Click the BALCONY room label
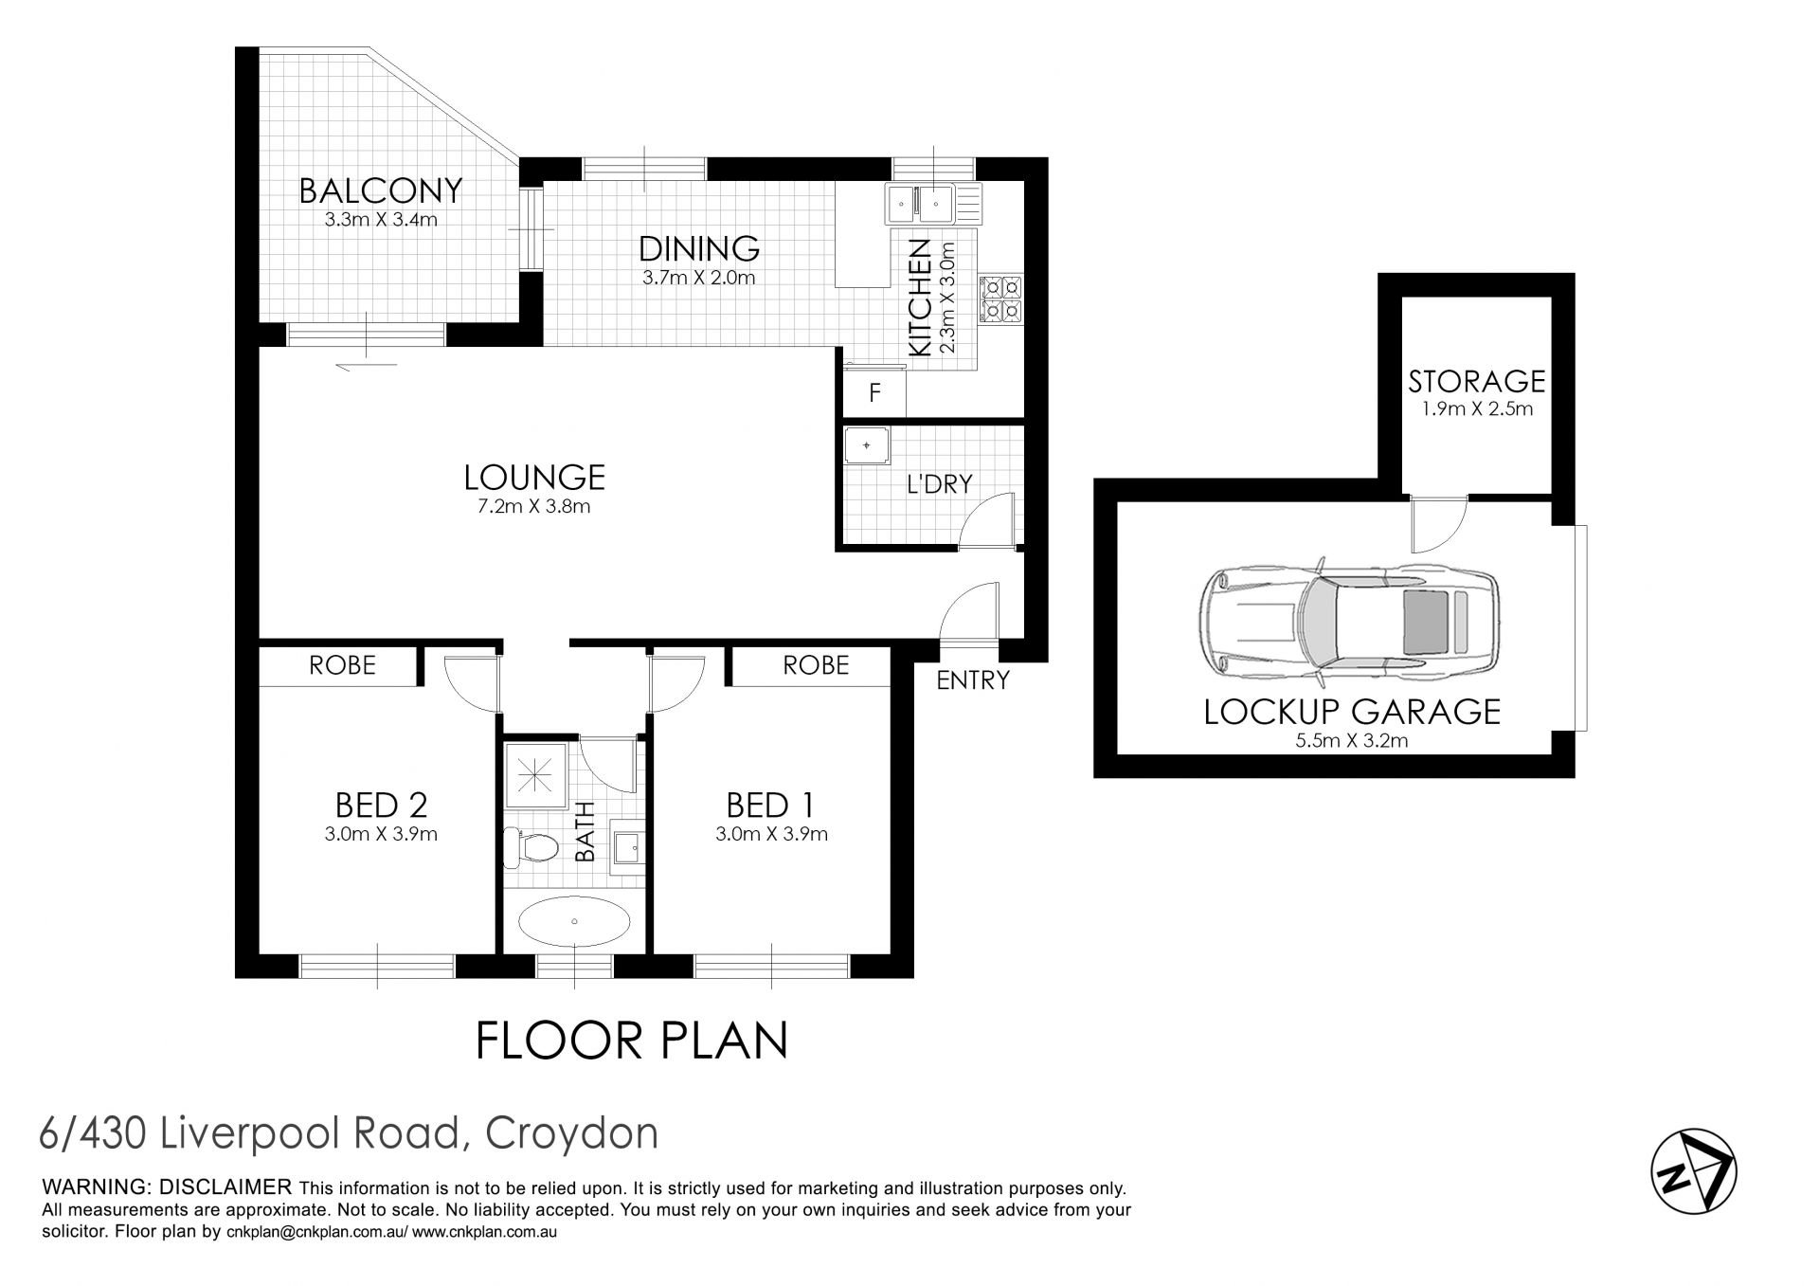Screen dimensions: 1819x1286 click(381, 190)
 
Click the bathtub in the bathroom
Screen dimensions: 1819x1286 click(574, 920)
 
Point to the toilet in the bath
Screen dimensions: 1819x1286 click(531, 846)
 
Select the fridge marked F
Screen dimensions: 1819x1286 click(875, 392)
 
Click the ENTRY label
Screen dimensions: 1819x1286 click(973, 679)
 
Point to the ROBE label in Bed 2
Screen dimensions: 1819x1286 click(343, 665)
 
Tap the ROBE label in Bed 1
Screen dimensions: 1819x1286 click(816, 665)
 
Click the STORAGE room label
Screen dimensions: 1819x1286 click(1476, 381)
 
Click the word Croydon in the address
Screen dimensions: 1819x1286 click(571, 1134)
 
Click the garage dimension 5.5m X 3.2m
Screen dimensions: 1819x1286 click(1351, 741)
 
